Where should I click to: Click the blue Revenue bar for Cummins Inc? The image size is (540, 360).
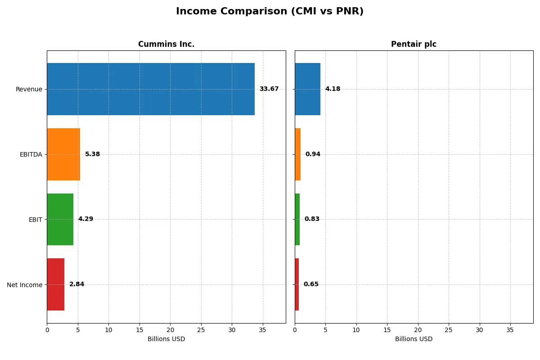[151, 89]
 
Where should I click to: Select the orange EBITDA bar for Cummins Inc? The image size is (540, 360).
[63, 154]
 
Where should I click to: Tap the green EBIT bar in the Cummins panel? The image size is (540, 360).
[60, 220]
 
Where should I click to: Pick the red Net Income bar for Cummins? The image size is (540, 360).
[56, 284]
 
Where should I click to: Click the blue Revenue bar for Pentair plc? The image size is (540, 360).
[308, 89]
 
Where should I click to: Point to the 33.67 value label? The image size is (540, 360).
[269, 89]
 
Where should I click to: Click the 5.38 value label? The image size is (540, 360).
[92, 154]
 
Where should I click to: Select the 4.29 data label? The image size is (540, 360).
[85, 220]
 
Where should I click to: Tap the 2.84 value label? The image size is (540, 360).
[76, 284]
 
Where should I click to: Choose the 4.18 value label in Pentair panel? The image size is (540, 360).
[333, 89]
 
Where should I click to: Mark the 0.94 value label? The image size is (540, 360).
[313, 154]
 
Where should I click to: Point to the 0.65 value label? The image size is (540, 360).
[311, 284]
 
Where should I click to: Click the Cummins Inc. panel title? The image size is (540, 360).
[166, 45]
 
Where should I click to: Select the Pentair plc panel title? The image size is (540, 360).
[414, 45]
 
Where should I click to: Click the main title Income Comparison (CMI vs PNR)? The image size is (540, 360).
[270, 12]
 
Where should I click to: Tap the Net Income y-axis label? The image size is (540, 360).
[24, 285]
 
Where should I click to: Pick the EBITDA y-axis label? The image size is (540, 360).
[31, 155]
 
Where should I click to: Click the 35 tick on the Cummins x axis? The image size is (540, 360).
[262, 330]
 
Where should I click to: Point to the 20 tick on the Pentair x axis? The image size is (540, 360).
[418, 330]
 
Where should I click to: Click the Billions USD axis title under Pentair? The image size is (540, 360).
[414, 339]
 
